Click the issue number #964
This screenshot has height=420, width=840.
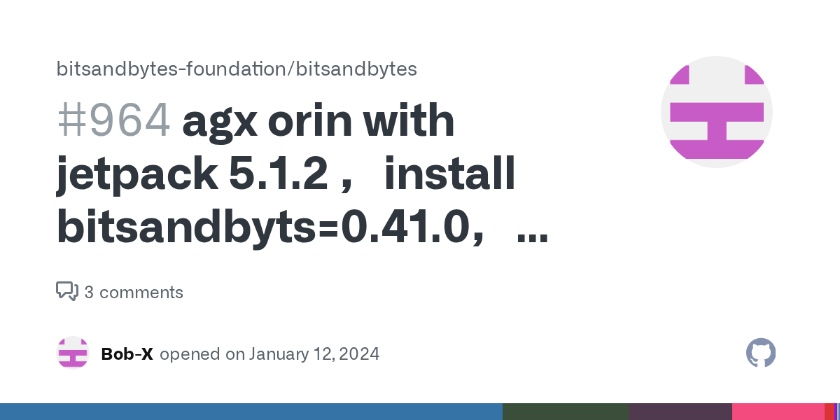(113, 121)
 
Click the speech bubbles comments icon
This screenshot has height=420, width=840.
(66, 292)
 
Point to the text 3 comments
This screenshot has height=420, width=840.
(134, 293)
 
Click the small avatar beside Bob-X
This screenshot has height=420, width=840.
(73, 353)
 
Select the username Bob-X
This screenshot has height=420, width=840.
(127, 354)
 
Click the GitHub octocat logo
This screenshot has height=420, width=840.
(761, 353)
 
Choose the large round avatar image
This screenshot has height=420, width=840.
(716, 112)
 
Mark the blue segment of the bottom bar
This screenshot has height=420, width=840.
(251, 412)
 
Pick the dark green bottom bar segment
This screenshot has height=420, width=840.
(565, 412)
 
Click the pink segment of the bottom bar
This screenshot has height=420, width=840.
(778, 412)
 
